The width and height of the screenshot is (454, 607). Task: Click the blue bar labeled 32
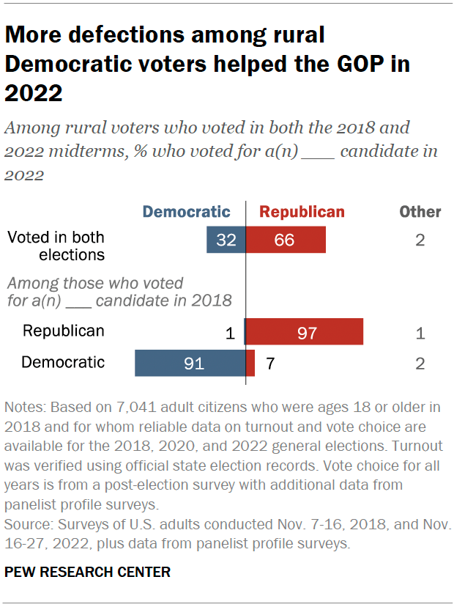226,240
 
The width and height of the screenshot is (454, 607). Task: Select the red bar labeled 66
285,240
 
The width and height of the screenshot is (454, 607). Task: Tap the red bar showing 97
304,332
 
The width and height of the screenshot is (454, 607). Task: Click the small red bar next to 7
250,363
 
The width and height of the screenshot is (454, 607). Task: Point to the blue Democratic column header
186,213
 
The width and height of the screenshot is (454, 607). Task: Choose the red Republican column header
302,213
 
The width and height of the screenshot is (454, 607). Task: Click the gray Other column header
420,213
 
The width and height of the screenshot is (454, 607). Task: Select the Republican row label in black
63,331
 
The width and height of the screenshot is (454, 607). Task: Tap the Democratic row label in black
63,362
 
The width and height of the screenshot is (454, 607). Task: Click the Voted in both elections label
56,246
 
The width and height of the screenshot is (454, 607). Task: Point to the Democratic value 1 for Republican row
229,334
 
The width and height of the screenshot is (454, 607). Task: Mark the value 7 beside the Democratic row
270,364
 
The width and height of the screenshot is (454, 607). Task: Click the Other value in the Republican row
420,334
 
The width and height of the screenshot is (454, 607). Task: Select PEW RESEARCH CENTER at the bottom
87,573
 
